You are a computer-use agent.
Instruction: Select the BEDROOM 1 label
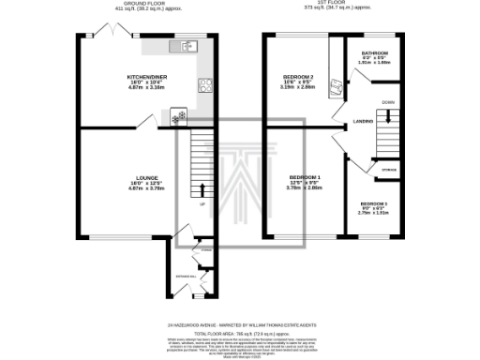[304, 177]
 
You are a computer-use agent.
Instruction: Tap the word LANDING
[364, 122]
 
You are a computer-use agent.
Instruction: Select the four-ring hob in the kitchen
[203, 85]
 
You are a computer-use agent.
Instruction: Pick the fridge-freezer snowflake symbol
[177, 117]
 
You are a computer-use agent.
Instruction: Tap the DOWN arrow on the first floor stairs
[387, 110]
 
